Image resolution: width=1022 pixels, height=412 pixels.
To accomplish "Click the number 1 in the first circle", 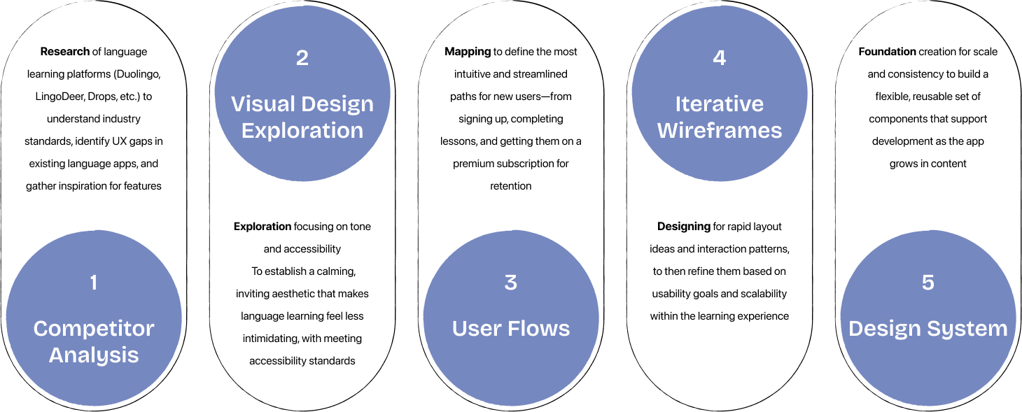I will tap(94, 283).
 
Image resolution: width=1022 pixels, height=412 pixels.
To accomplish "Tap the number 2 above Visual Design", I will tap(302, 58).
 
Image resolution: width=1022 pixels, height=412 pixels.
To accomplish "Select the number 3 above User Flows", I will tap(511, 283).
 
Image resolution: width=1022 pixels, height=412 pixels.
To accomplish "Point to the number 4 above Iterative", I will tap(720, 58).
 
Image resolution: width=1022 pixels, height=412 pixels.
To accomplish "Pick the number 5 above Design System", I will tap(928, 283).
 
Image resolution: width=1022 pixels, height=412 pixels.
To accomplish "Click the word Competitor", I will tap(94, 329).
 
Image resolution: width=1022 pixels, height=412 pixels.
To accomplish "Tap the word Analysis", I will tap(94, 355).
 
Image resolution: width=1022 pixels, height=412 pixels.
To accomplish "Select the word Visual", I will tap(262, 104).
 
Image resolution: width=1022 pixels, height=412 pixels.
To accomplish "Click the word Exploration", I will tap(302, 131).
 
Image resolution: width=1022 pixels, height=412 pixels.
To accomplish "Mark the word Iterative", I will tap(720, 104).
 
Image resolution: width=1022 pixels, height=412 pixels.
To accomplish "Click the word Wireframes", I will tap(720, 131).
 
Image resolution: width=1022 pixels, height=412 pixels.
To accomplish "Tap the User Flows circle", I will tap(511, 371).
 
